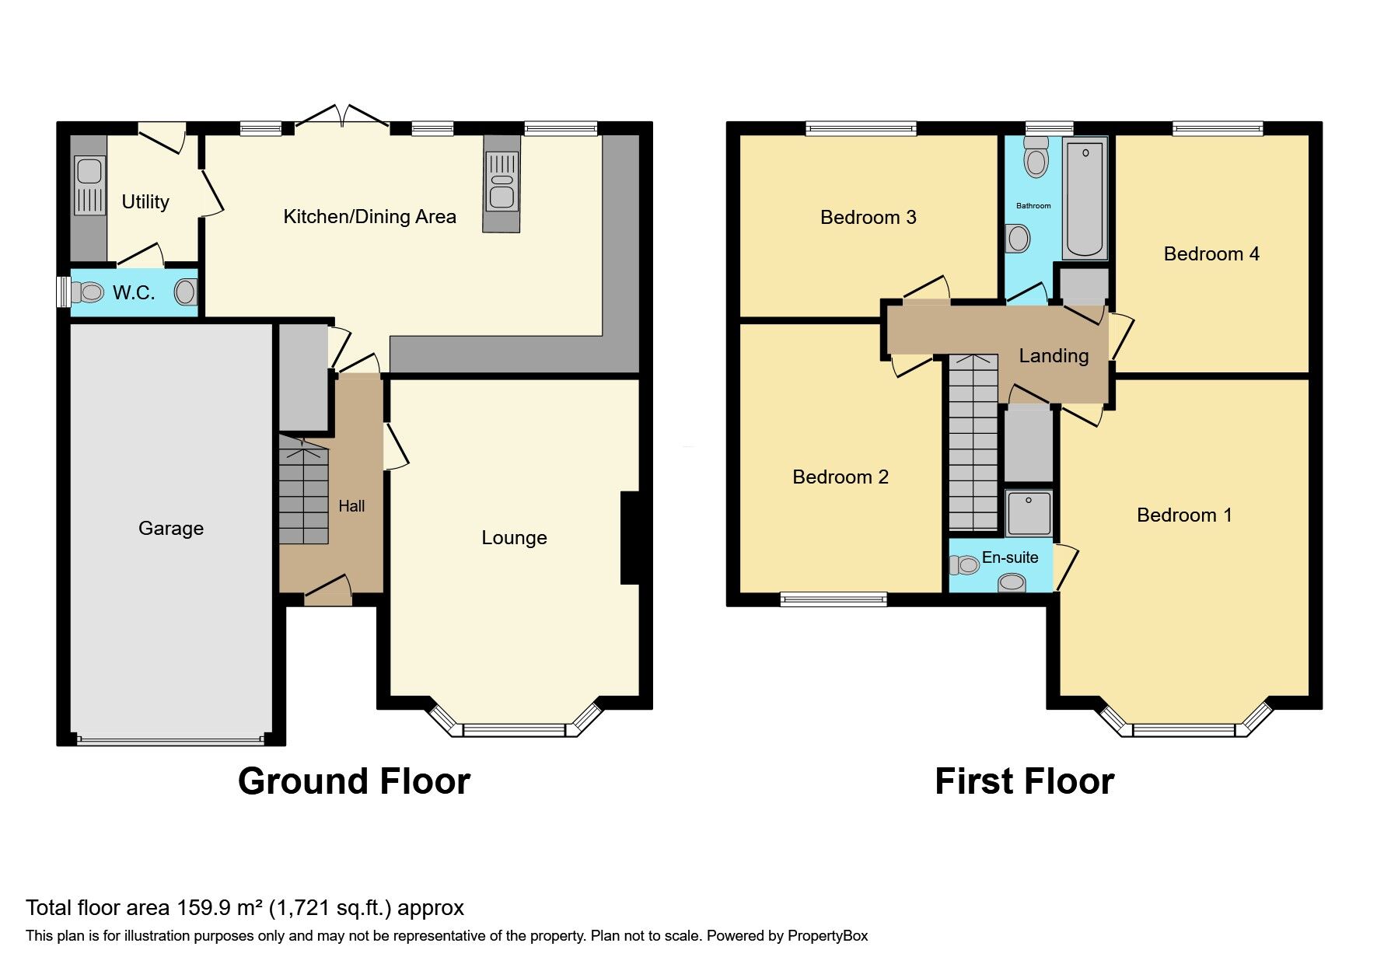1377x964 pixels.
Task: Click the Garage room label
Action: point(170,529)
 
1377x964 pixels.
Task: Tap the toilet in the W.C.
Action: point(87,292)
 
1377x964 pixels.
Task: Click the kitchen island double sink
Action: point(502,182)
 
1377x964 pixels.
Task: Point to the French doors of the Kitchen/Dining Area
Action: point(342,117)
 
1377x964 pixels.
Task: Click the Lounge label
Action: point(514,538)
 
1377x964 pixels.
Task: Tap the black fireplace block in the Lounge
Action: point(629,537)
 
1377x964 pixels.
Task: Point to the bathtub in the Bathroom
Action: point(1085,199)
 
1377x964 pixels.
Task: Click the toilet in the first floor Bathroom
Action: point(1036,159)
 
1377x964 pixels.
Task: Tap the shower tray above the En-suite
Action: point(1029,513)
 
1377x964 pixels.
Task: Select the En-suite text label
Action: point(1010,557)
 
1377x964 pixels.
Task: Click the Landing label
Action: point(1054,356)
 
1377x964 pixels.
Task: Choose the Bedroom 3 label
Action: point(868,218)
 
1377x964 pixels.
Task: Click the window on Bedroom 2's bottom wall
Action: point(834,599)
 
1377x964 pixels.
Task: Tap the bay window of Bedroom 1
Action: point(1183,729)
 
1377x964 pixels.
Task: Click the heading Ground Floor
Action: point(354,781)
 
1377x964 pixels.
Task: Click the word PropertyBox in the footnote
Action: point(827,936)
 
